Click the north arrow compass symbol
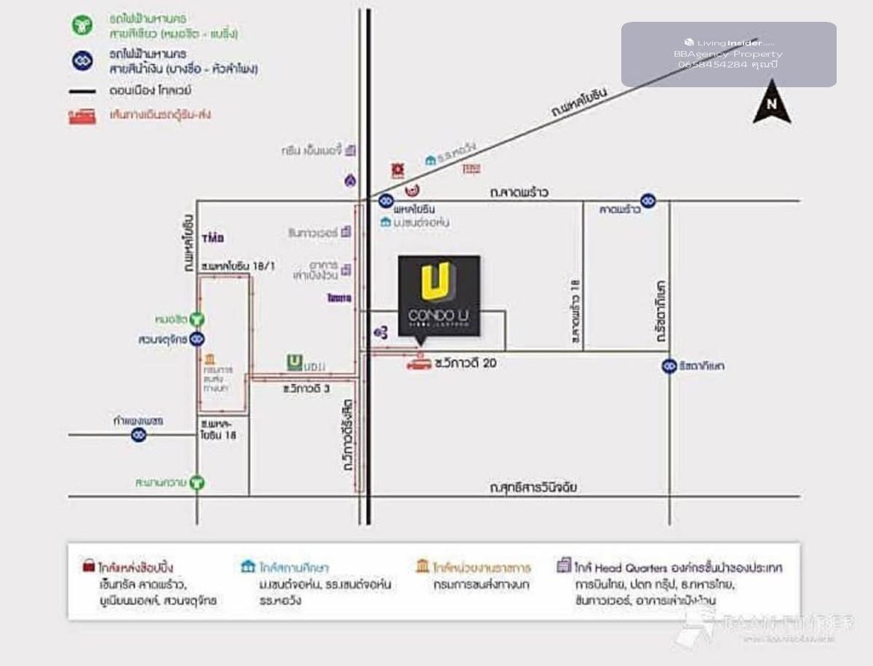(x=772, y=103)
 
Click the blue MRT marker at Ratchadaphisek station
(x=669, y=366)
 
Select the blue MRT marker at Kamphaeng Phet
(x=138, y=435)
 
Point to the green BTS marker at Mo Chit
(x=196, y=319)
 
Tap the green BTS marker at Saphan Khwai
(x=196, y=482)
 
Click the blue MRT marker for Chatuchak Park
(x=196, y=340)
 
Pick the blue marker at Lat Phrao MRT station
(x=647, y=201)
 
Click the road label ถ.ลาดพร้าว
(x=519, y=193)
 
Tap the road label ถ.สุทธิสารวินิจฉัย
(x=533, y=487)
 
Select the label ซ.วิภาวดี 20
(x=465, y=362)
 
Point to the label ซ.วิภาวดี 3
(x=306, y=389)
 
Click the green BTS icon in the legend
(x=82, y=25)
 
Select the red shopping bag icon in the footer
(x=88, y=566)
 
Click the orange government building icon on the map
(x=210, y=359)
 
